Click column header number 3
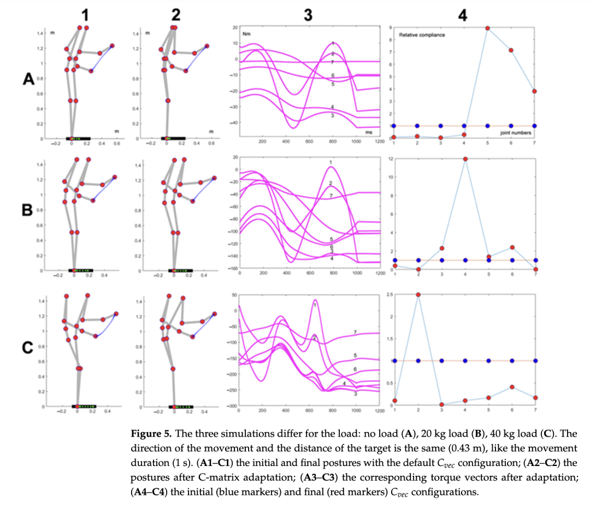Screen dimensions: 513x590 click(x=308, y=15)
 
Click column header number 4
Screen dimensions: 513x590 click(x=463, y=15)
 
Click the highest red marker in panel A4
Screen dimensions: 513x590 click(x=488, y=28)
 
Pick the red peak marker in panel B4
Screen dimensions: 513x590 click(x=464, y=159)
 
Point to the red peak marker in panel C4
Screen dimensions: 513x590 click(x=418, y=294)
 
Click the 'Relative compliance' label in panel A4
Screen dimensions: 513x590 click(x=422, y=35)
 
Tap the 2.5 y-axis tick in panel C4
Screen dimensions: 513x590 click(x=390, y=294)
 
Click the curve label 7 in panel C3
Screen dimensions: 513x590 click(x=355, y=332)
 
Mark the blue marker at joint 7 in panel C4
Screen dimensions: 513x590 click(x=536, y=361)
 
